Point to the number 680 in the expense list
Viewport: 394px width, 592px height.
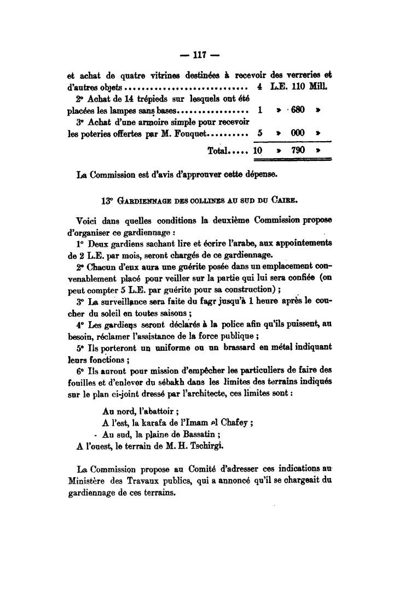pos(298,109)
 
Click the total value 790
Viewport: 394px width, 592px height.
pos(298,150)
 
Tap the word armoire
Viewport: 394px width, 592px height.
pos(139,122)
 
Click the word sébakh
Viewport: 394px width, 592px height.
pos(175,382)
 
